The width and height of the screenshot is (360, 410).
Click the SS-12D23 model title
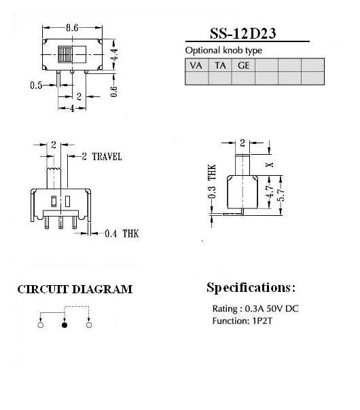[242, 33]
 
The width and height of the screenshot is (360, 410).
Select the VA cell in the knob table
[196, 65]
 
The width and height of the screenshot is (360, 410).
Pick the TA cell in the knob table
[220, 65]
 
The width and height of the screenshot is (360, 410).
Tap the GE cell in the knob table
[243, 65]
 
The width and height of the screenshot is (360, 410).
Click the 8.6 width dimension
[72, 28]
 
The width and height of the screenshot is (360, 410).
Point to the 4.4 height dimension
[114, 54]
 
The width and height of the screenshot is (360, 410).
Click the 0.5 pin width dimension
[36, 86]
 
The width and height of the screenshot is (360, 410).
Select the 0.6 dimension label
[114, 91]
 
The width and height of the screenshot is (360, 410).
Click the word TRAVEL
[107, 157]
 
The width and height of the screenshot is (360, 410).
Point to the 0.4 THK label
[122, 234]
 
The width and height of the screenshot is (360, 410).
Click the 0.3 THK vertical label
[212, 181]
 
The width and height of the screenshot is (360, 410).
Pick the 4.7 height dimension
[270, 191]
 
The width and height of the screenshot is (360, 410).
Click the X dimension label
[270, 165]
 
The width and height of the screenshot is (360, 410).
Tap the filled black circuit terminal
[65, 325]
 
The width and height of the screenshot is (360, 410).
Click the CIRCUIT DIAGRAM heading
[75, 289]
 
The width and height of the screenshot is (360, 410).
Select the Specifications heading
[251, 288]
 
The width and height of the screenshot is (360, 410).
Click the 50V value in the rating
[274, 309]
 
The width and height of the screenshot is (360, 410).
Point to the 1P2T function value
[262, 321]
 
